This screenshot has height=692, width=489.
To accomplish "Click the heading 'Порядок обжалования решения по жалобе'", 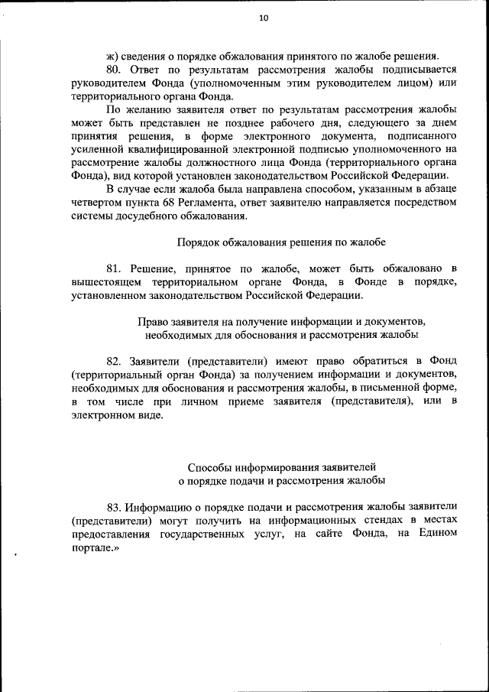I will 281,242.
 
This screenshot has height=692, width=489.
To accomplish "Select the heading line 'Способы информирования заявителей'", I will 281,466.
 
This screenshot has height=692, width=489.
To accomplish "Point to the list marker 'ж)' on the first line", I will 113,55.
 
